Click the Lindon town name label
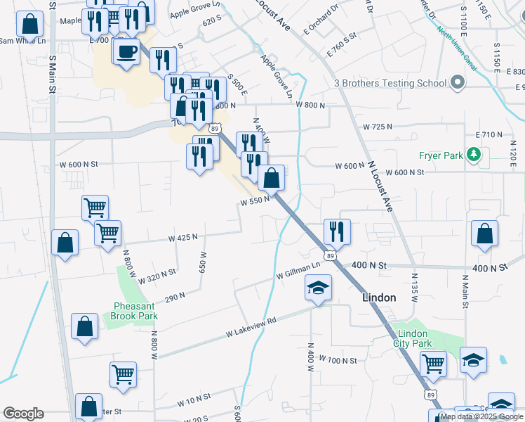coord(379,298)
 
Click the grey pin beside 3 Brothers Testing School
coord(458,83)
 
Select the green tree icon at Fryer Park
coord(474,154)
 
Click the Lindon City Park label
coord(413,338)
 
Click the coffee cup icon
coord(126,52)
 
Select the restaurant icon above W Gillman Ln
coord(337,230)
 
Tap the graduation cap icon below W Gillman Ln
coord(318,288)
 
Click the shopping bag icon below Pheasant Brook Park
coord(85,328)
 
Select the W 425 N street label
coord(182,238)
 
